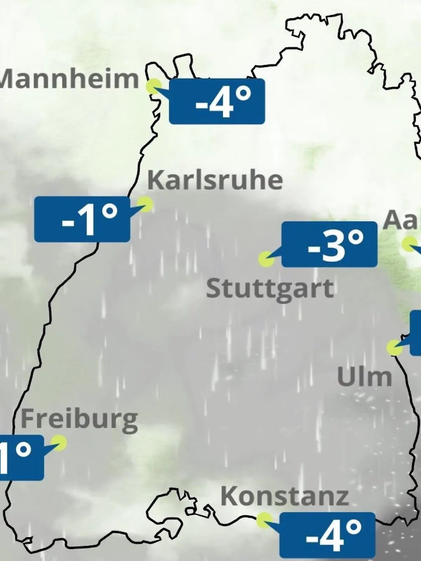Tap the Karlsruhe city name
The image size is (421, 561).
click(215, 180)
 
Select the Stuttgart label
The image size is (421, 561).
click(270, 289)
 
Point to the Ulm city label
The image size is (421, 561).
click(364, 377)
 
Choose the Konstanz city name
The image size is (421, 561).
click(285, 496)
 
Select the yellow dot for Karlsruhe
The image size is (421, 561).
click(145, 204)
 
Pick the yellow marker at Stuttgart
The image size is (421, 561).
click(266, 260)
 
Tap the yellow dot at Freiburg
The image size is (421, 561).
click(59, 442)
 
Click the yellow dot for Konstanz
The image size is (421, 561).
click(264, 520)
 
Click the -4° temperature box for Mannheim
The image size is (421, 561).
click(217, 101)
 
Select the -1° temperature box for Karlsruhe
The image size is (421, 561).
click(82, 219)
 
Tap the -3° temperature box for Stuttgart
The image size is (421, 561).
click(329, 244)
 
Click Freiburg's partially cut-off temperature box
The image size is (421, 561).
click(21, 458)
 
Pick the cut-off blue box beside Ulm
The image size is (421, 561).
click(416, 332)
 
